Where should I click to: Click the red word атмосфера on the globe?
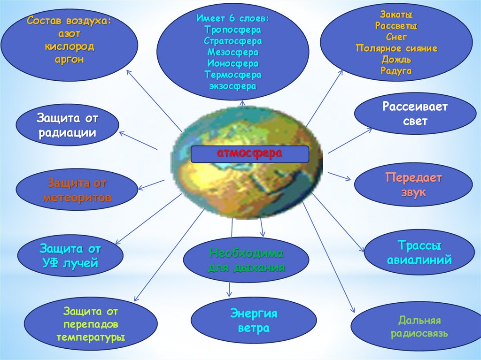tap(249, 154)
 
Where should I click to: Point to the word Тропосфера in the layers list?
tap(233, 30)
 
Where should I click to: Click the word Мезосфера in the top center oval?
tap(233, 52)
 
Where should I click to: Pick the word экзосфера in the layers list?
tap(233, 86)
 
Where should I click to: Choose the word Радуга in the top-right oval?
tap(397, 71)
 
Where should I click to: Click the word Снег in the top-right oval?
tap(397, 37)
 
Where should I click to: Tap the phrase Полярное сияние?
tap(397, 48)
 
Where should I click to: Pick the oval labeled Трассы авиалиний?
tap(419, 253)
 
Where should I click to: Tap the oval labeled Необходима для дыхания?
tap(246, 260)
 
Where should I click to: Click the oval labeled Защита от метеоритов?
tap(77, 190)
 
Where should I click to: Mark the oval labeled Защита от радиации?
tap(67, 125)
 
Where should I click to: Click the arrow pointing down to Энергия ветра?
tap(229, 289)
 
